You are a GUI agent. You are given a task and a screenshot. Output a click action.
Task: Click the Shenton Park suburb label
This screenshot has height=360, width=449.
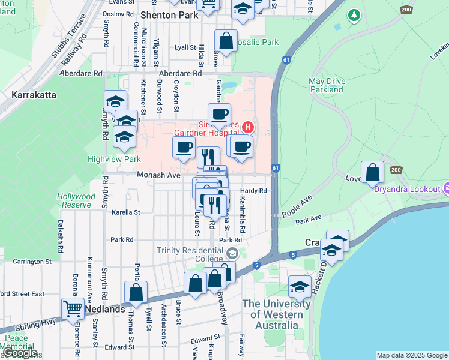point(169,15)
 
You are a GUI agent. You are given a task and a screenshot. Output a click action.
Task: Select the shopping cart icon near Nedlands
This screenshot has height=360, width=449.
point(73,309)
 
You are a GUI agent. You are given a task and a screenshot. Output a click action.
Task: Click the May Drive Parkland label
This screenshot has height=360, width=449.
point(327,85)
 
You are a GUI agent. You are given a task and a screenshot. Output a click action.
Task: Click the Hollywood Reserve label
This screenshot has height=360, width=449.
point(76,200)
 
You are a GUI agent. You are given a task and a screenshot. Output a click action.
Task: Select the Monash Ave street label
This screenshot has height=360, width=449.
point(158,175)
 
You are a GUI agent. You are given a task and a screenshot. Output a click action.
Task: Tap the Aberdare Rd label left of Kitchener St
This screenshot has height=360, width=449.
point(81,73)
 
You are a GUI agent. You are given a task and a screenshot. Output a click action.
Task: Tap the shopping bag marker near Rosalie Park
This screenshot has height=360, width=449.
point(226,41)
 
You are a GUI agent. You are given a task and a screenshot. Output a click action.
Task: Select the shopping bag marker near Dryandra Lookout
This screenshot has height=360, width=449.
point(373,172)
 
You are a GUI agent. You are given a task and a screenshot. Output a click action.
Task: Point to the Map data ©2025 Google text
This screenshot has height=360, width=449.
point(411,355)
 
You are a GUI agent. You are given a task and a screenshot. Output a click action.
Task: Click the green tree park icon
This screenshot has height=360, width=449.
point(355,14)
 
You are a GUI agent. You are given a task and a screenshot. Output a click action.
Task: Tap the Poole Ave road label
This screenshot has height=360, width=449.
point(298,206)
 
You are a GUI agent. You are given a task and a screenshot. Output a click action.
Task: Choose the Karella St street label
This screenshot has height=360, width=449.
point(125,212)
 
